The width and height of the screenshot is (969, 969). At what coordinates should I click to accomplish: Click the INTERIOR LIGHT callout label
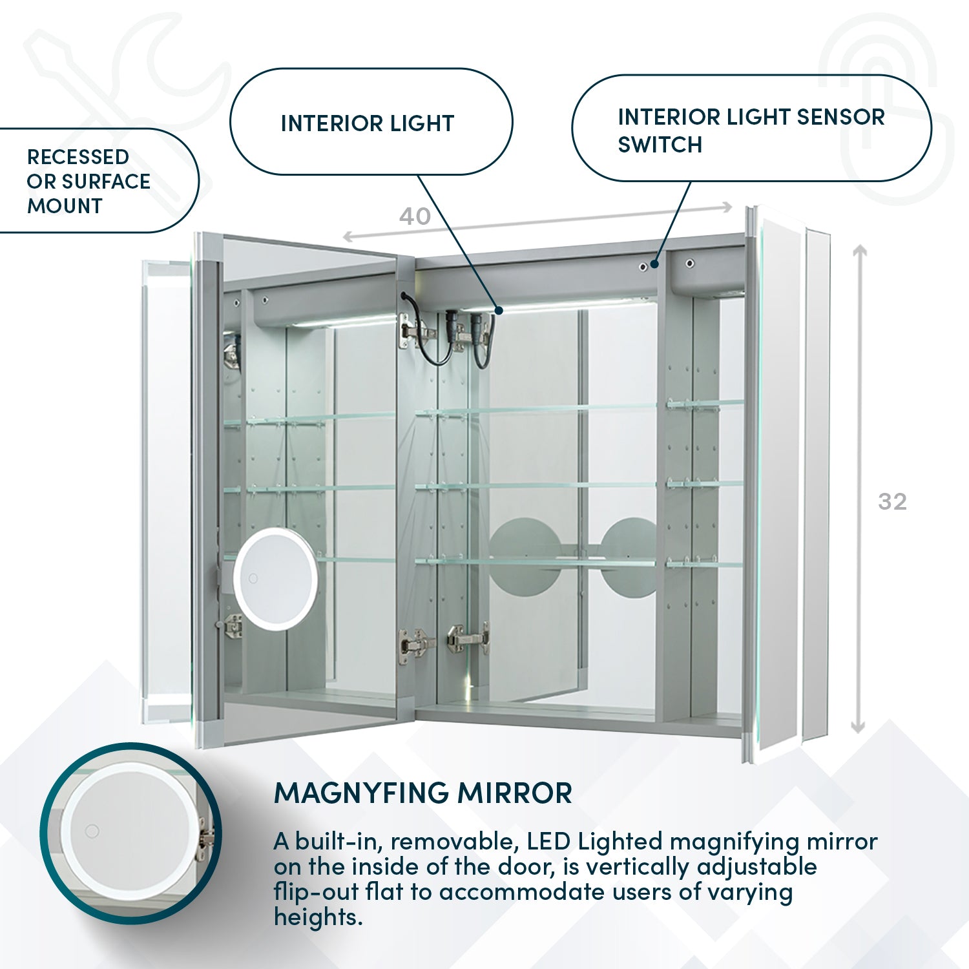367,123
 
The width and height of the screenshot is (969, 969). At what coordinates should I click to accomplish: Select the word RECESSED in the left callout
78,157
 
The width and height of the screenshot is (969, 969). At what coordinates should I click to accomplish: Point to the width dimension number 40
415,216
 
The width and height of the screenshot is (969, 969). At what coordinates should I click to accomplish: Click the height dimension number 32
892,501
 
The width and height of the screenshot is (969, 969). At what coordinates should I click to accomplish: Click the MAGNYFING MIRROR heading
423,793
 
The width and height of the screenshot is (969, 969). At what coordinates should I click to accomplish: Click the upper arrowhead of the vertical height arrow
859,253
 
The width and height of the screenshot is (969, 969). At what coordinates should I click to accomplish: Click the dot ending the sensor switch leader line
654,264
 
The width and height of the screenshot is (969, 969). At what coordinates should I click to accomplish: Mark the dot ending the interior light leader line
499,310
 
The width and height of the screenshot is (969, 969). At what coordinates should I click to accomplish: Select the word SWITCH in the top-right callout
660,145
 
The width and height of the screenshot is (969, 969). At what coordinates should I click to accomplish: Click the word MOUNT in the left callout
65,206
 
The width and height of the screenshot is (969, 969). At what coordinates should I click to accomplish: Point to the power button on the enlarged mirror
92,831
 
